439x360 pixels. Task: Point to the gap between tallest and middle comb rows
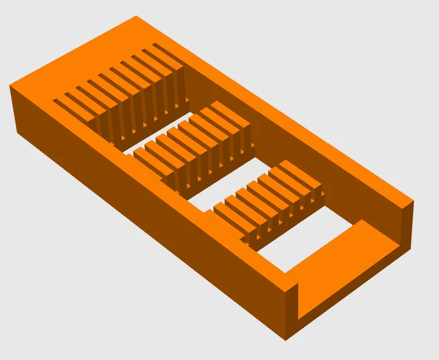(173, 124)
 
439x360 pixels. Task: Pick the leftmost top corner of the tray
(10, 86)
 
